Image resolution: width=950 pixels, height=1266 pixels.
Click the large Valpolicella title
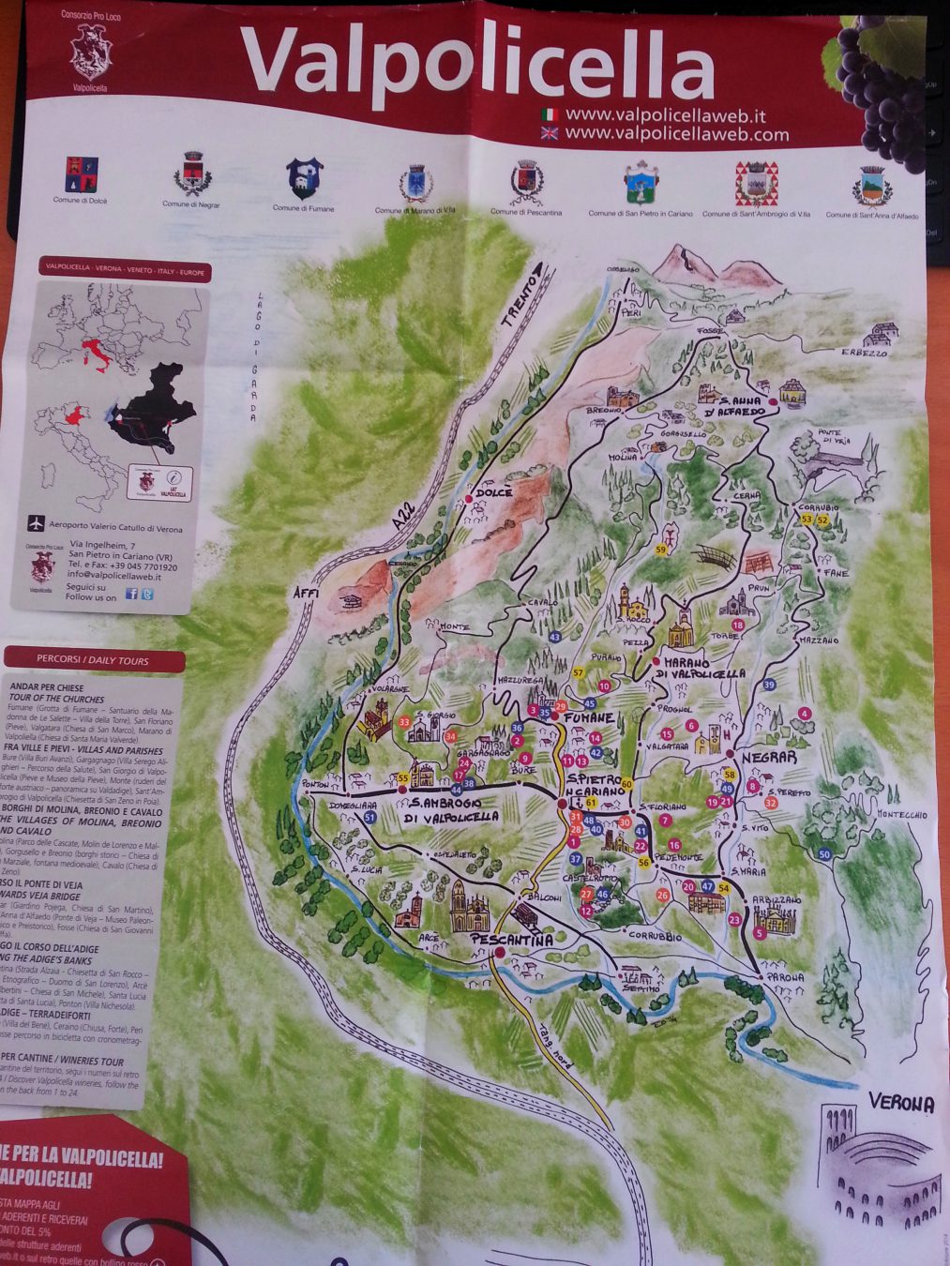477,65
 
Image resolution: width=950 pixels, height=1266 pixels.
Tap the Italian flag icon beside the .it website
550,114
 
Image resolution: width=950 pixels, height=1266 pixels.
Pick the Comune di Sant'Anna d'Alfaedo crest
871,186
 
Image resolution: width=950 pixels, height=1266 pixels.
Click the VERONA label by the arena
900,1103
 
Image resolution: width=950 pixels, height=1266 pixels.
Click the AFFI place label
306,594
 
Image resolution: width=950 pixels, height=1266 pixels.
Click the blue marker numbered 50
824,853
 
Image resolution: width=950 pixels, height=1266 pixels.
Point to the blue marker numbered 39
769,685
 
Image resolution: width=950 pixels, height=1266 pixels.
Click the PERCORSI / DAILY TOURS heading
92,660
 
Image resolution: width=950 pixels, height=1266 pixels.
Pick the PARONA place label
785,977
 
